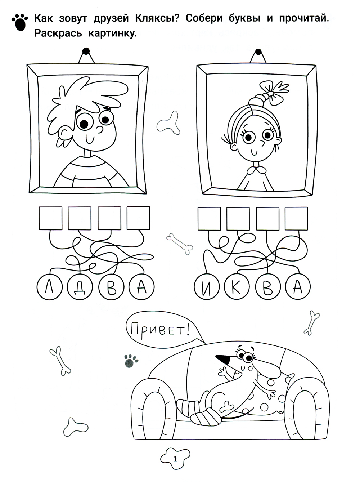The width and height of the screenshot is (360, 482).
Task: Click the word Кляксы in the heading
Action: pyautogui.click(x=157, y=19)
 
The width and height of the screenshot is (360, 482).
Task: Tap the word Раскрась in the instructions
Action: pyautogui.click(x=58, y=34)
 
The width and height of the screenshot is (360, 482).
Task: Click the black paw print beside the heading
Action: pyautogui.click(x=20, y=22)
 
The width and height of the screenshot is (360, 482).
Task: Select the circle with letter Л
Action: pyautogui.click(x=50, y=287)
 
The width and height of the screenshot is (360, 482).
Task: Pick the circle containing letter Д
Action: pyautogui.click(x=80, y=287)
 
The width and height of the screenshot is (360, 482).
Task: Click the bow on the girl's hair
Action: pyautogui.click(x=274, y=92)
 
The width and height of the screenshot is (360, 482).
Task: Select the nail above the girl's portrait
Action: pyautogui.click(x=258, y=52)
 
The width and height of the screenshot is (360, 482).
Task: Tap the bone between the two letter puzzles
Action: pyautogui.click(x=179, y=244)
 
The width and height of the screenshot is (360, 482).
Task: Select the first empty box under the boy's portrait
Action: pyautogui.click(x=50, y=218)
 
